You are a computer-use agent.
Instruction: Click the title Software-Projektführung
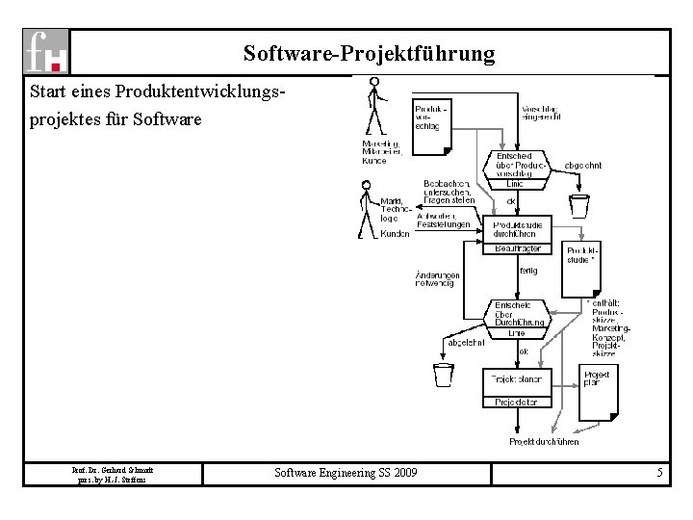[x=370, y=53]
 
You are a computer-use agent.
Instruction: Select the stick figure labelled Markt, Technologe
[x=366, y=214]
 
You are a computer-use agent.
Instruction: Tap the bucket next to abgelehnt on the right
[x=578, y=205]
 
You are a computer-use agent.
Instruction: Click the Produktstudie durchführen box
[x=517, y=229]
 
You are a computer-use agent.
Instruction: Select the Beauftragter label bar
[x=517, y=248]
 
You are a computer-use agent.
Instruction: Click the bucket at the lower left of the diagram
[x=443, y=374]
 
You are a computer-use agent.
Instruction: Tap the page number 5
[x=659, y=473]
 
